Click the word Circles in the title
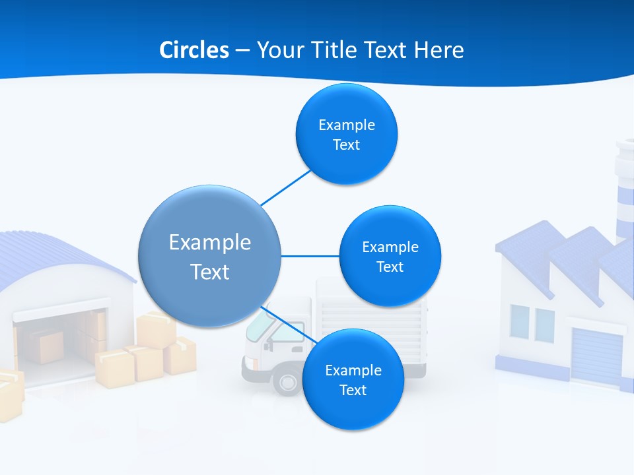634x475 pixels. click(x=194, y=50)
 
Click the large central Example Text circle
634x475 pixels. click(x=209, y=256)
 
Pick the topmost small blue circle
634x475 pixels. click(x=347, y=134)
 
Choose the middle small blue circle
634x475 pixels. click(x=390, y=256)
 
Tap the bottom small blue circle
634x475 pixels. click(x=353, y=379)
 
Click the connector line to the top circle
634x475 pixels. click(x=285, y=187)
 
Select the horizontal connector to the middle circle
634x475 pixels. click(x=310, y=256)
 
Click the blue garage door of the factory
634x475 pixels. click(x=596, y=356)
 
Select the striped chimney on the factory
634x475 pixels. click(x=624, y=191)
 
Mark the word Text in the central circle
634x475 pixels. click(x=209, y=272)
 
